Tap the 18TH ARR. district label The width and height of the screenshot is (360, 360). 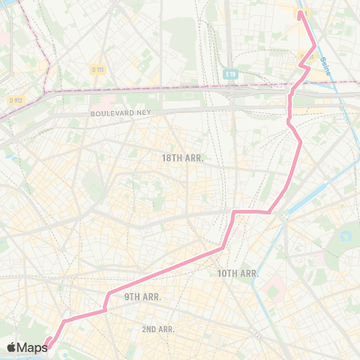pyautogui.click(x=183, y=158)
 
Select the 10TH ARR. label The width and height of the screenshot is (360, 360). pyautogui.click(x=238, y=273)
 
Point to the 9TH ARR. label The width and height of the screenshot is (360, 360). pyautogui.click(x=143, y=297)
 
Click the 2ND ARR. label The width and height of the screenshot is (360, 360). pyautogui.click(x=158, y=329)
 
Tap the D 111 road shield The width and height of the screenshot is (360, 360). pyautogui.click(x=97, y=70)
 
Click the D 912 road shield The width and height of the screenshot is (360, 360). pyautogui.click(x=15, y=100)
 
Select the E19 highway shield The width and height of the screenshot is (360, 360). pyautogui.click(x=230, y=74)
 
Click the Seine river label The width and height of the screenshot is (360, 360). pyautogui.click(x=325, y=55)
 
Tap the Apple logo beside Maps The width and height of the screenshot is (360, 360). pyautogui.click(x=11, y=347)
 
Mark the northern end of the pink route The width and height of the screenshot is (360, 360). pyautogui.click(x=301, y=12)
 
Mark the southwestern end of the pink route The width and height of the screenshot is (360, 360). pyautogui.click(x=47, y=346)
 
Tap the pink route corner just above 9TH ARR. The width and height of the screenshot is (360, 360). pyautogui.click(x=110, y=292)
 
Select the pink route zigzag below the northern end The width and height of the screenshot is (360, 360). pyautogui.click(x=304, y=66)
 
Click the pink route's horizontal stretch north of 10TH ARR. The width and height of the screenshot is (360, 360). pyautogui.click(x=251, y=212)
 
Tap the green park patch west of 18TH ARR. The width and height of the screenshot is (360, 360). pyautogui.click(x=93, y=182)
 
